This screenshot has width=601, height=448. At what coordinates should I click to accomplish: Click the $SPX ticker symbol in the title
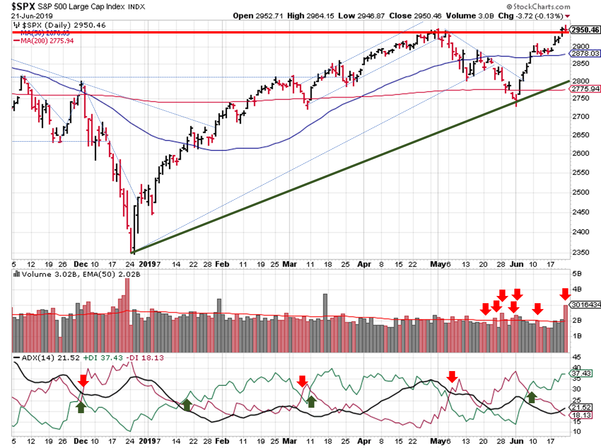(23, 6)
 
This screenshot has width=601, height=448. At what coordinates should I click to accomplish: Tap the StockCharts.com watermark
(538, 6)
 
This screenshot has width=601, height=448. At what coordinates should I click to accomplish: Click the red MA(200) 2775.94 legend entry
(47, 41)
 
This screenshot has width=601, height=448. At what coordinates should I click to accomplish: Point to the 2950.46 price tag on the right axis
(585, 30)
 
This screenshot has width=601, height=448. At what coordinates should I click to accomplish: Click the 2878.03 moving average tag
(586, 53)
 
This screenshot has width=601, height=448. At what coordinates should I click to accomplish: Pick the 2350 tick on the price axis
(581, 252)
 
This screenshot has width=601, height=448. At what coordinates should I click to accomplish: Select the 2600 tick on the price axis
(581, 153)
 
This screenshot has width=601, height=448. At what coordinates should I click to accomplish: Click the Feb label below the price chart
(222, 264)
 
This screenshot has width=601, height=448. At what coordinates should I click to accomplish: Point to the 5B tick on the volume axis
(577, 274)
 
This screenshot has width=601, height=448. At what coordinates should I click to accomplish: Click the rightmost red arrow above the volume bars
(565, 294)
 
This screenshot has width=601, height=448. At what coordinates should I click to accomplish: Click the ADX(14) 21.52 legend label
(46, 358)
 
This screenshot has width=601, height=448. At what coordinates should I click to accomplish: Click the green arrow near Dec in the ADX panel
(81, 407)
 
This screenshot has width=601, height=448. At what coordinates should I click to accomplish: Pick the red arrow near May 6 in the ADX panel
(452, 376)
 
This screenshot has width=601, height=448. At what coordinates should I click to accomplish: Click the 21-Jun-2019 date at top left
(32, 16)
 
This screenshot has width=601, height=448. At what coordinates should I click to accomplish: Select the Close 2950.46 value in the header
(415, 16)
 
